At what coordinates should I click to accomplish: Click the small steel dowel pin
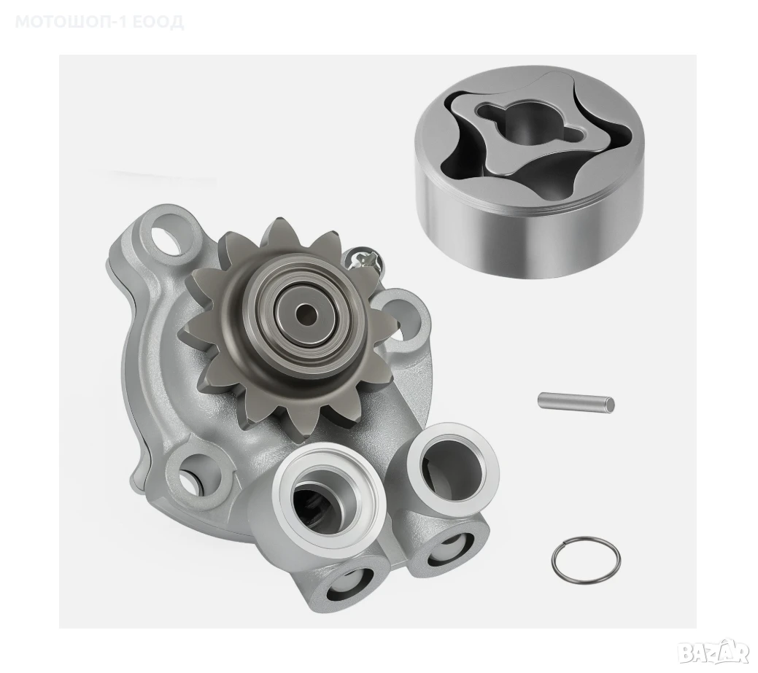click(x=576, y=402)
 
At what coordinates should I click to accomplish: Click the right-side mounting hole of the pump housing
click(x=399, y=311)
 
